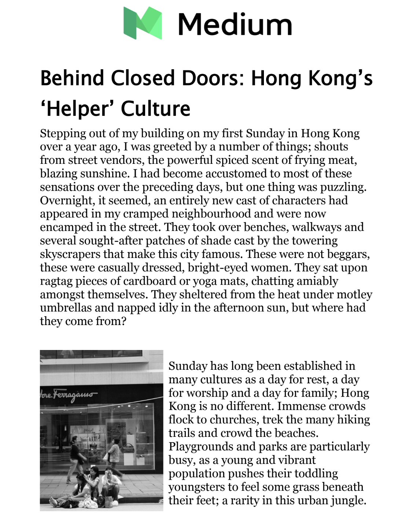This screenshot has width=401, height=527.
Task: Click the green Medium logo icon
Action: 143,23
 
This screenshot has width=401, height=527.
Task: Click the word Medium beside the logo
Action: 235,24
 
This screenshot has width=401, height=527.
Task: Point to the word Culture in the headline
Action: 155,108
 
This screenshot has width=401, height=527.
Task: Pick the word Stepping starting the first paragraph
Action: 63,133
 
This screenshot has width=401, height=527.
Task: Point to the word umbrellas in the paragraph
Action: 66,307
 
